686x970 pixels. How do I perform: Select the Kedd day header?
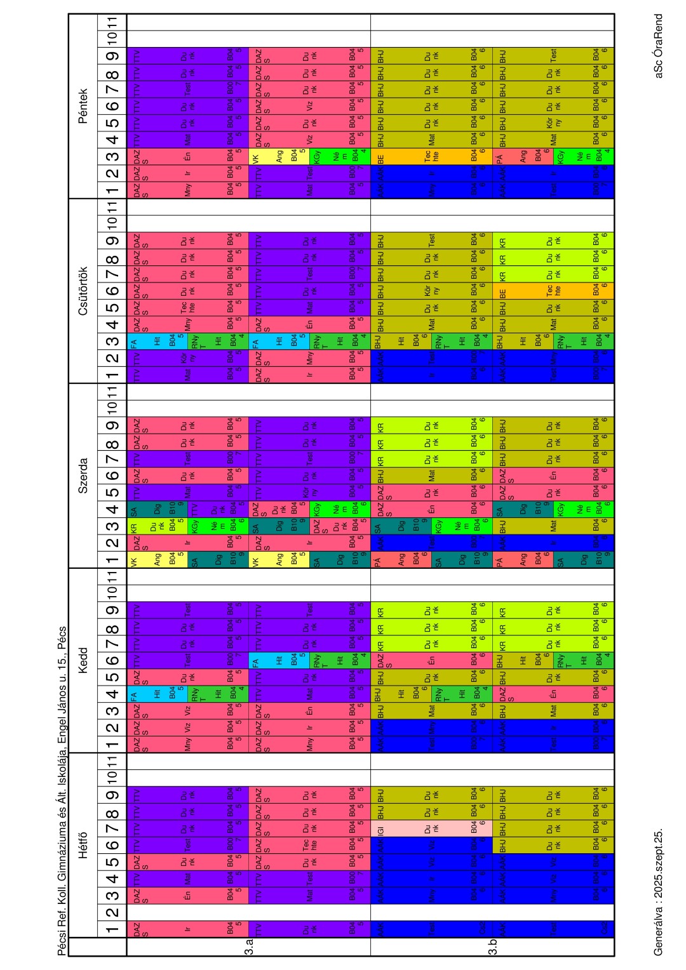point(83,660)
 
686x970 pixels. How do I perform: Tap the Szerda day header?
point(83,475)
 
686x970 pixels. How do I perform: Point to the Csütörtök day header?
point(83,291)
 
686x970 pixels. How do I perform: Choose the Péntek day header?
point(83,106)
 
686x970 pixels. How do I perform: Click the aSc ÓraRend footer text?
point(658,46)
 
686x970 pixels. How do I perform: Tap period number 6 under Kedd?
point(112,660)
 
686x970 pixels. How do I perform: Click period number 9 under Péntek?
point(112,56)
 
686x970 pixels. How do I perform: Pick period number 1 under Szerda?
point(112,559)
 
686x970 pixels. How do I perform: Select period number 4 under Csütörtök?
point(112,325)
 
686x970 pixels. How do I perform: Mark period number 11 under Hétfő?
point(112,761)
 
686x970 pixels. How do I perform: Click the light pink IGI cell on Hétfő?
point(432,828)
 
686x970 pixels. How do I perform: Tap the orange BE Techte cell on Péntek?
point(432,156)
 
